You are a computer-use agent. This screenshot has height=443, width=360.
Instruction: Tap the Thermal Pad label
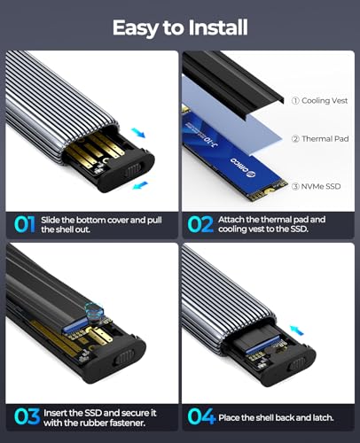pos(320,138)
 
